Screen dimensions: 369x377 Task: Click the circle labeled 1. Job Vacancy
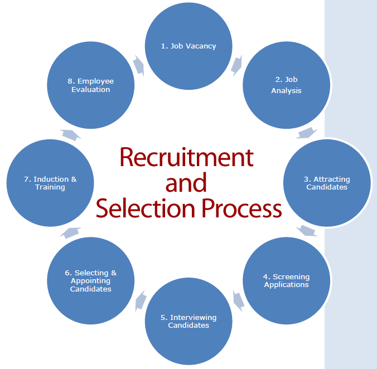pos(188,46)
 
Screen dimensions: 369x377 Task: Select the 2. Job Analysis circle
pos(286,85)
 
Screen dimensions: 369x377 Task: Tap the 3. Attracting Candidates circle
pos(327,183)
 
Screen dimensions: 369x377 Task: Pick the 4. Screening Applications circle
pos(286,280)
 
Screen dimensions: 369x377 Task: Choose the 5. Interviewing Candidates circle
pos(188,321)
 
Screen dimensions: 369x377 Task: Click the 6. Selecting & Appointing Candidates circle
pos(91,280)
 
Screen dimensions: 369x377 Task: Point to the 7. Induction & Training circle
pos(50,183)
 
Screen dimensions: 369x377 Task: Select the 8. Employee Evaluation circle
pos(91,85)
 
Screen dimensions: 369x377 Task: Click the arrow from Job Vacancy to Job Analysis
pos(237,65)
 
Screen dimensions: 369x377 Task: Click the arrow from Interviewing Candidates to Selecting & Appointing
pos(140,300)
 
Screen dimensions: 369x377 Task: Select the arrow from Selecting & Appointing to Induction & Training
pos(70,231)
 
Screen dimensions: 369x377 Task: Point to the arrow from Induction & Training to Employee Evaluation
pos(70,134)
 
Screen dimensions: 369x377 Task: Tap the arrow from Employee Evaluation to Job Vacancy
pos(139,66)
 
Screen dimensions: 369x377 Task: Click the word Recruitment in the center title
pos(186,157)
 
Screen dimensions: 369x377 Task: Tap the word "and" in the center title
pos(186,182)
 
